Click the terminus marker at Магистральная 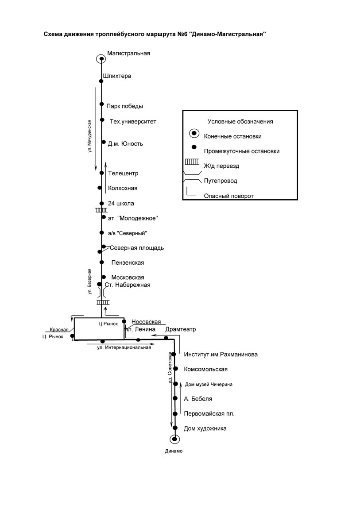pyautogui.click(x=101, y=59)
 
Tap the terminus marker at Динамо pyautogui.click(x=175, y=439)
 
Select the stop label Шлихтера pyautogui.click(x=117, y=76)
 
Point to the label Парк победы pyautogui.click(x=125, y=106)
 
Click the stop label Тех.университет pyautogui.click(x=133, y=122)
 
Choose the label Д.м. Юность pyautogui.click(x=125, y=144)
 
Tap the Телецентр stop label pyautogui.click(x=123, y=174)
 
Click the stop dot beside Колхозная pyautogui.click(x=100, y=188)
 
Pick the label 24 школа pyautogui.click(x=121, y=204)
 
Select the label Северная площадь pyautogui.click(x=137, y=248)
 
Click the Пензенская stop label pyautogui.click(x=128, y=262)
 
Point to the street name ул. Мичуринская pyautogui.click(x=89, y=136)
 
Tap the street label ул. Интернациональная pyautogui.click(x=124, y=347)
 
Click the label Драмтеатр pyautogui.click(x=181, y=329)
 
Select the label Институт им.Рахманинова pyautogui.click(x=221, y=355)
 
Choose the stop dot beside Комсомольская pyautogui.click(x=176, y=368)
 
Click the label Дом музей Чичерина pyautogui.click(x=209, y=384)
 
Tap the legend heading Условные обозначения pyautogui.click(x=240, y=122)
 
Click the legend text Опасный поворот pyautogui.click(x=228, y=196)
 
